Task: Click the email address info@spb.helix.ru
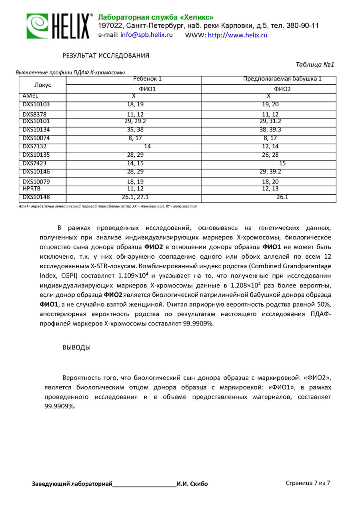146,35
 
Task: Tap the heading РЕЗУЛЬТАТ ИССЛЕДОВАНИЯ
106,56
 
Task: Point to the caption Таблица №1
314,65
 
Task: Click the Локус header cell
43,85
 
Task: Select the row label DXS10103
36,105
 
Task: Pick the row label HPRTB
32,188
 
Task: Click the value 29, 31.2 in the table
270,121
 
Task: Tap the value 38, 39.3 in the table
270,130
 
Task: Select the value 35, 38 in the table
135,130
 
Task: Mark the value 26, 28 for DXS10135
270,155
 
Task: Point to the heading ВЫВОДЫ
76,347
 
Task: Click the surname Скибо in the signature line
199,484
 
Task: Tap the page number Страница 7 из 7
308,483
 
